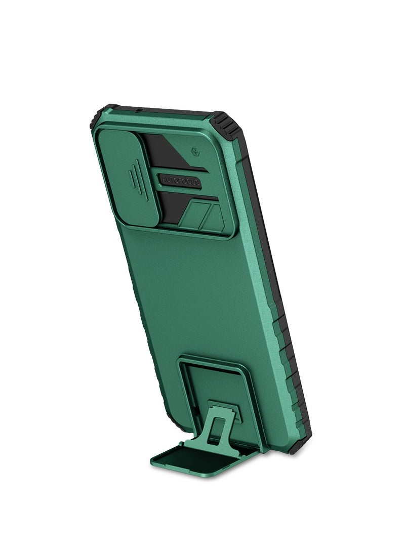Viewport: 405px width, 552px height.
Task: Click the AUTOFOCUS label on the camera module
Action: [181, 181]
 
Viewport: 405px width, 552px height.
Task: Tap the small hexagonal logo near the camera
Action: [195, 151]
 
